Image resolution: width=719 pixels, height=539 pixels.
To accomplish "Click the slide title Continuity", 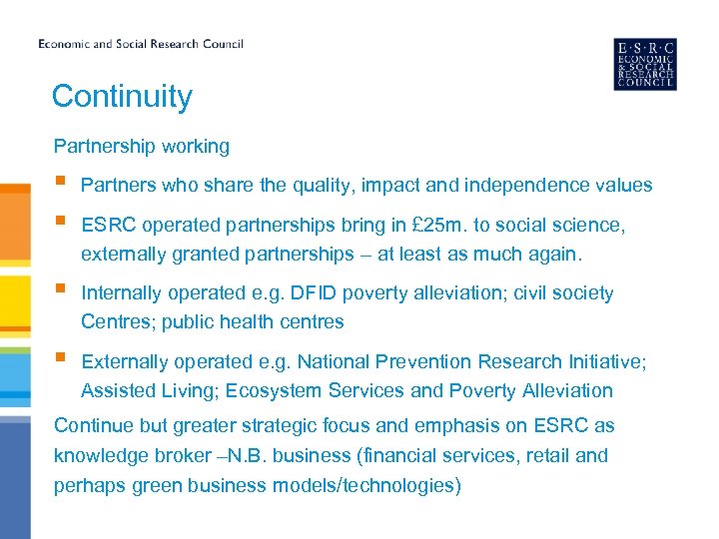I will pyautogui.click(x=122, y=97).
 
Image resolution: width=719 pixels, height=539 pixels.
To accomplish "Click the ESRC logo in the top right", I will pyautogui.click(x=644, y=64).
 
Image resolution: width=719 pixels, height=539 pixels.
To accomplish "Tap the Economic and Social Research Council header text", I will pyautogui.click(x=141, y=44).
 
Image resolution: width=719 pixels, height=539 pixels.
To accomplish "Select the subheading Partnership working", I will pyautogui.click(x=142, y=147).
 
